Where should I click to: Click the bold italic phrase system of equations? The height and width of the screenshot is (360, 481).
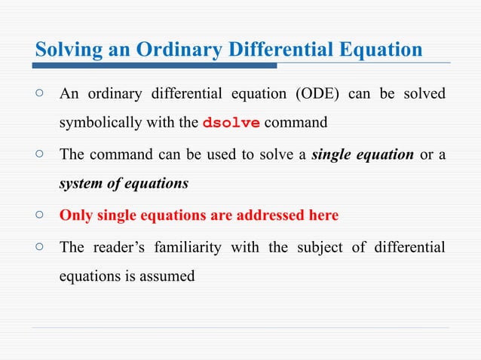(x=124, y=183)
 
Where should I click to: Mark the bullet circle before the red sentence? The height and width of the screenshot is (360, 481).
(x=40, y=215)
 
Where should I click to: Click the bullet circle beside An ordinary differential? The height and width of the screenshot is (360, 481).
(x=40, y=94)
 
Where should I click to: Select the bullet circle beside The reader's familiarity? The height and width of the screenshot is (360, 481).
(x=40, y=247)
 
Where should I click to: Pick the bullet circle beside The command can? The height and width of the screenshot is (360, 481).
(x=40, y=154)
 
